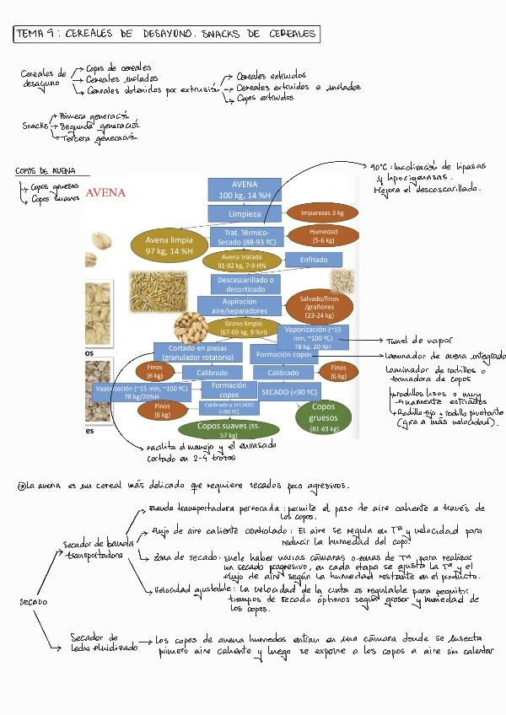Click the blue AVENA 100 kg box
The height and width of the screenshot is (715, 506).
point(244,190)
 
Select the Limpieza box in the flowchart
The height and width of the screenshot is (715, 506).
point(244,214)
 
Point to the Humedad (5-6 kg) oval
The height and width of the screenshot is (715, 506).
point(322,235)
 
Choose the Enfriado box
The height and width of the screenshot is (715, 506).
point(313,260)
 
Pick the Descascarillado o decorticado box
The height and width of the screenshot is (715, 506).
point(245,283)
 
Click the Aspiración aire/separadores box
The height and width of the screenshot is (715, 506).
point(240,305)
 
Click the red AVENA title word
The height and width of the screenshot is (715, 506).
point(105,192)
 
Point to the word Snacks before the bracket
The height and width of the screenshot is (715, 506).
point(35,126)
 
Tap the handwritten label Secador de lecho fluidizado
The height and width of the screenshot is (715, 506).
point(94,643)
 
